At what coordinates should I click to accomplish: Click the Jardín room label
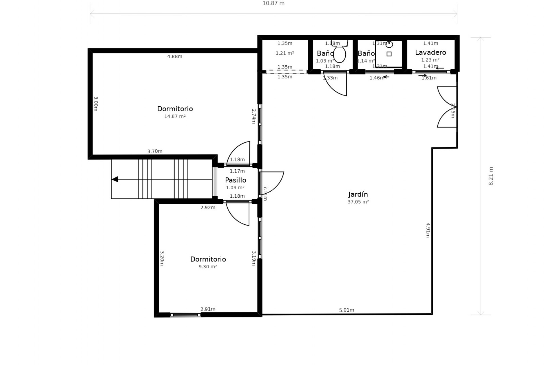pyautogui.click(x=358, y=194)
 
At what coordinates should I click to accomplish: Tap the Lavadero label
pyautogui.click(x=430, y=52)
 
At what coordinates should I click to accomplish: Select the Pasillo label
pyautogui.click(x=235, y=180)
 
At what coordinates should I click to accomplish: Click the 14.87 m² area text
pyautogui.click(x=175, y=116)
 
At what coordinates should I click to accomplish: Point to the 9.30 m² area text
pyautogui.click(x=208, y=267)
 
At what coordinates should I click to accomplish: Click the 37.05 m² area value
pyautogui.click(x=358, y=202)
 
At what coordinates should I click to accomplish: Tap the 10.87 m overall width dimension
pyautogui.click(x=273, y=3)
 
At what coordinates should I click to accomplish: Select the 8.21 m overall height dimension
pyautogui.click(x=491, y=176)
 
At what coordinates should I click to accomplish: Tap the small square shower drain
pyautogui.click(x=389, y=54)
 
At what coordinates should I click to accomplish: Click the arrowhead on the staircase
pyautogui.click(x=115, y=179)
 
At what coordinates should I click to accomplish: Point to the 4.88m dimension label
pyautogui.click(x=175, y=56)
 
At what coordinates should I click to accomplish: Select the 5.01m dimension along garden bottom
pyautogui.click(x=346, y=310)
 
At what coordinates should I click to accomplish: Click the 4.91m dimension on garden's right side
pyautogui.click(x=428, y=230)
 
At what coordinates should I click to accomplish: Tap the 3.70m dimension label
pyautogui.click(x=155, y=151)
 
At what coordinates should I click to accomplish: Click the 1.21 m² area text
pyautogui.click(x=285, y=53)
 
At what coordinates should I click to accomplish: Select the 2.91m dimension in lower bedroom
pyautogui.click(x=208, y=309)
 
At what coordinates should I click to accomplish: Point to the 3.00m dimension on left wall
pyautogui.click(x=96, y=104)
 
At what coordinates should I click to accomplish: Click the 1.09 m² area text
pyautogui.click(x=235, y=188)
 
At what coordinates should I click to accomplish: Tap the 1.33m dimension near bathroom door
pyautogui.click(x=330, y=78)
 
